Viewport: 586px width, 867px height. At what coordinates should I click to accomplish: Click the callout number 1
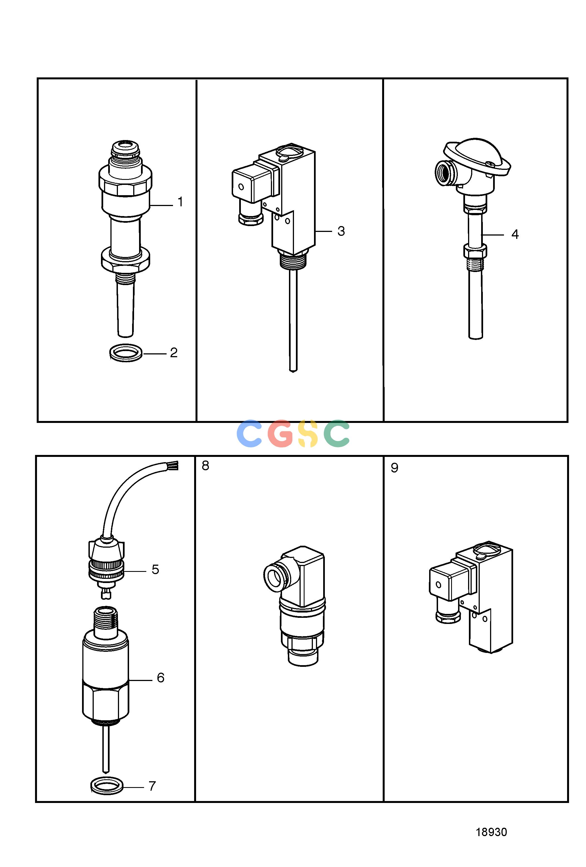coord(181,202)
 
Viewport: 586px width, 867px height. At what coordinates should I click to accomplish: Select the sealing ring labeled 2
coord(126,352)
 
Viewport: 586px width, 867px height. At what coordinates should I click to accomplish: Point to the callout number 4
coord(515,234)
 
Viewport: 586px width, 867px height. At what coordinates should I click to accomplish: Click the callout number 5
coord(155,569)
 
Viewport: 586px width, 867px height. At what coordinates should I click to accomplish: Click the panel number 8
coord(206,466)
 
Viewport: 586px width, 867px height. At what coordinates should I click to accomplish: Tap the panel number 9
coord(394,468)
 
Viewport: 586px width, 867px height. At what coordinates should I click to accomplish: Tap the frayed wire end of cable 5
coord(174,465)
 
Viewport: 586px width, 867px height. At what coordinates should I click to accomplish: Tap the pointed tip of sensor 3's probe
coord(293,371)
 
